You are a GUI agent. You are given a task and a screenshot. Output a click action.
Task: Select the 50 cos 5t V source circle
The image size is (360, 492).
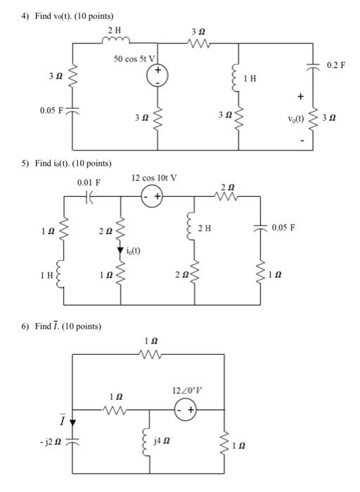[x=157, y=75]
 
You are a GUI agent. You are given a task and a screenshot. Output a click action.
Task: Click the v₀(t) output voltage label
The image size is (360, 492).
[x=297, y=119]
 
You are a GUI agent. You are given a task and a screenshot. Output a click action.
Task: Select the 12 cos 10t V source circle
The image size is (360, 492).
[x=153, y=198]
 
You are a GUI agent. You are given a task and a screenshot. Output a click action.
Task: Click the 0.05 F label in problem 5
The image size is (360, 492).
[x=283, y=228]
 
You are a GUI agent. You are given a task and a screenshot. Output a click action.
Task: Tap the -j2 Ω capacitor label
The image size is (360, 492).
[x=53, y=441]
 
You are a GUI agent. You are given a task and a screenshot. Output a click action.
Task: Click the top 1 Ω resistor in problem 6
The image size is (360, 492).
[x=149, y=355]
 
